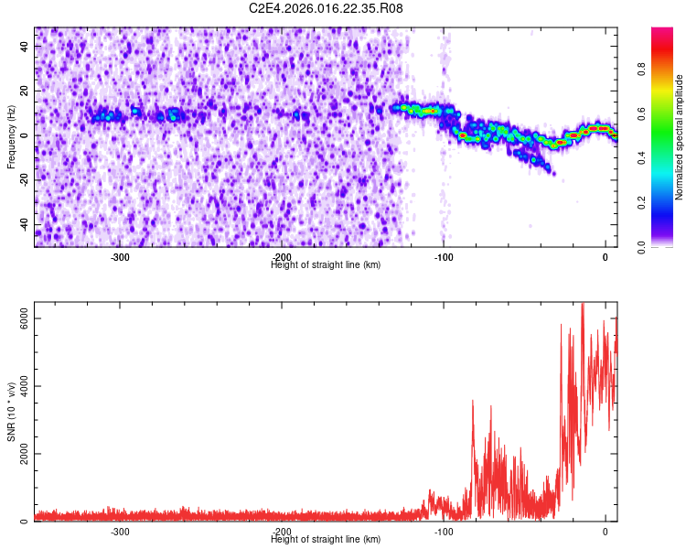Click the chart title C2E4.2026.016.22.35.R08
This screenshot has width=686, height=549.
coord(327,8)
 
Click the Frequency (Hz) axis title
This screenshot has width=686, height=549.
coord(11,136)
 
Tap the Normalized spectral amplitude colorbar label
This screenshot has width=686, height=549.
coord(679,137)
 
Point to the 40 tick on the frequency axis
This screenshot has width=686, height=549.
coord(26,46)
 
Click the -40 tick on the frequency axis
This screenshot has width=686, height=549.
coord(23,225)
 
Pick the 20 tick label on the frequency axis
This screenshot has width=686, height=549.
coord(26,91)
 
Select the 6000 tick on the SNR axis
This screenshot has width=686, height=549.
coord(17,318)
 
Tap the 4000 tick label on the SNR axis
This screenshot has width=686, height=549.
coord(17,386)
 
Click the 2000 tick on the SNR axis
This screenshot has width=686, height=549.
coord(17,454)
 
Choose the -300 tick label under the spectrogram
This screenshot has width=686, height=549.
coord(119,257)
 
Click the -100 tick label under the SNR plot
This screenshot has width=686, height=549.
coord(444,532)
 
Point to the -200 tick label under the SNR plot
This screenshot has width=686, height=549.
coord(281,532)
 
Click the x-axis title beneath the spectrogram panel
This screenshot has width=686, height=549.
coord(326,264)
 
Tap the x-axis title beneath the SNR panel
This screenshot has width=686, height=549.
coord(326,539)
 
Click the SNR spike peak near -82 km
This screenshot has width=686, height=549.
coord(473,401)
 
